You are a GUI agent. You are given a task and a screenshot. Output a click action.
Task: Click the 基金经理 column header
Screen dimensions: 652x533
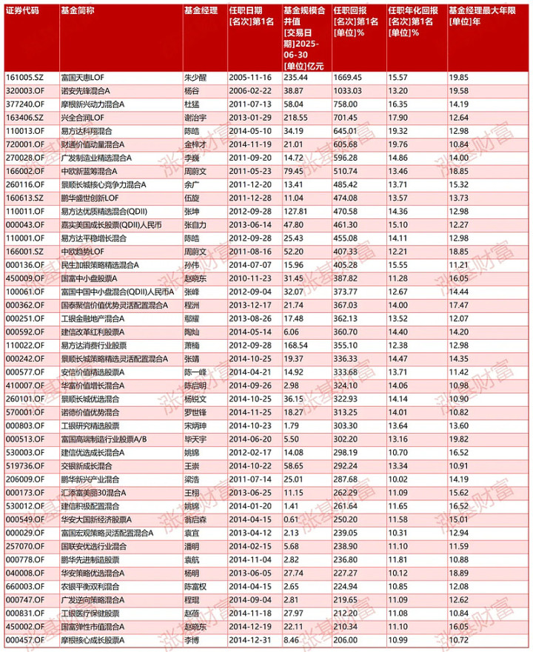pyautogui.click(x=201, y=11)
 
